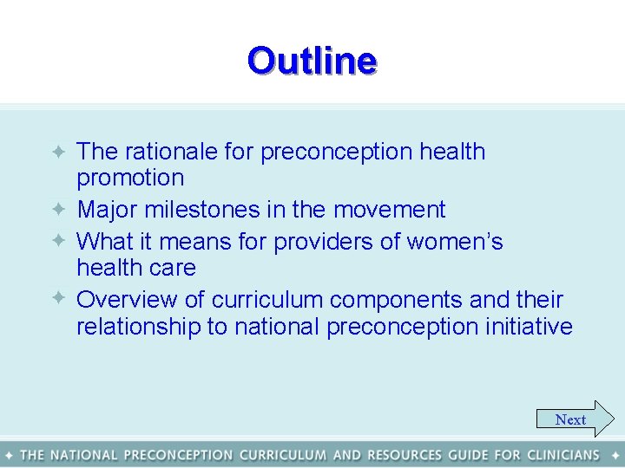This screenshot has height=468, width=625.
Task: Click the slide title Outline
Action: (312, 61)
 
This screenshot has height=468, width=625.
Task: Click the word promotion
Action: (130, 179)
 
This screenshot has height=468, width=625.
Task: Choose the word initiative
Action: (529, 327)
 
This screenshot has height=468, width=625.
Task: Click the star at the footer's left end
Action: (9, 455)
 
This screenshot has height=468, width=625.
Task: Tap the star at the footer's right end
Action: (615, 455)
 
